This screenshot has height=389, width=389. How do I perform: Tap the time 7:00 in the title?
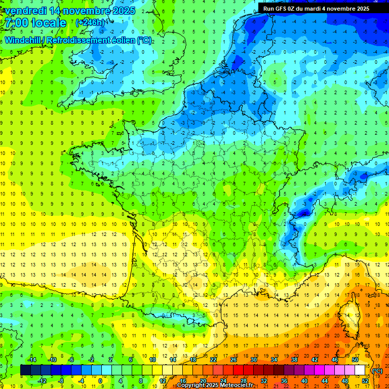click(x=16, y=23)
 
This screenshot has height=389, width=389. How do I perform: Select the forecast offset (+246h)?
click(x=91, y=23)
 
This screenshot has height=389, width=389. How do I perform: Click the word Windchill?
click(x=23, y=41)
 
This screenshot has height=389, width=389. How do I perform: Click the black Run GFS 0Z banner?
click(x=316, y=8)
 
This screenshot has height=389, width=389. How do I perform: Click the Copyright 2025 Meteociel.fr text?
click(x=215, y=385)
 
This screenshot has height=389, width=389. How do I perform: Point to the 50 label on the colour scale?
click(x=355, y=359)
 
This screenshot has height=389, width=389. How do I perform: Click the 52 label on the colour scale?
click(x=365, y=380)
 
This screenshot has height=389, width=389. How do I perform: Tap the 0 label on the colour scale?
click(x=100, y=380)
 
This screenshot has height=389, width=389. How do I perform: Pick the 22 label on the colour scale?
click(x=213, y=359)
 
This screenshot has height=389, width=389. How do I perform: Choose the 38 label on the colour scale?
click(x=294, y=359)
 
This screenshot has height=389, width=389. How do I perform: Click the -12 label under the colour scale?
click(x=42, y=380)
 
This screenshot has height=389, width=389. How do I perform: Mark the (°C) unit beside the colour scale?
click(x=377, y=371)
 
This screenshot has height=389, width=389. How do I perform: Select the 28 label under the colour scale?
click(x=244, y=380)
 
